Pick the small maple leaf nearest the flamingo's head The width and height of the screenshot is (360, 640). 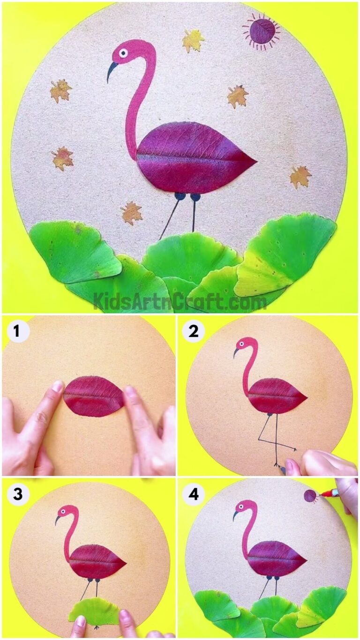coord(193,41)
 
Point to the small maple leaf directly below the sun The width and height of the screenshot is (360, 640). coord(238,96)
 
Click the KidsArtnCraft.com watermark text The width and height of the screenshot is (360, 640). coord(180,301)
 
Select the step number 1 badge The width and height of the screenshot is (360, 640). coord(17,331)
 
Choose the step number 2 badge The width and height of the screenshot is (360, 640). coord(193,331)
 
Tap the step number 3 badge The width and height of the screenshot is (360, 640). coord(17,494)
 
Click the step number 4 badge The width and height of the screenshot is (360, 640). coord(193,494)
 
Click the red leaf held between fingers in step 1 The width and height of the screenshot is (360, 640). coord(94,396)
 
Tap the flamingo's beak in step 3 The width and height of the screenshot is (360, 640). coord(57,520)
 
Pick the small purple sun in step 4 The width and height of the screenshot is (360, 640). coord(310,496)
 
